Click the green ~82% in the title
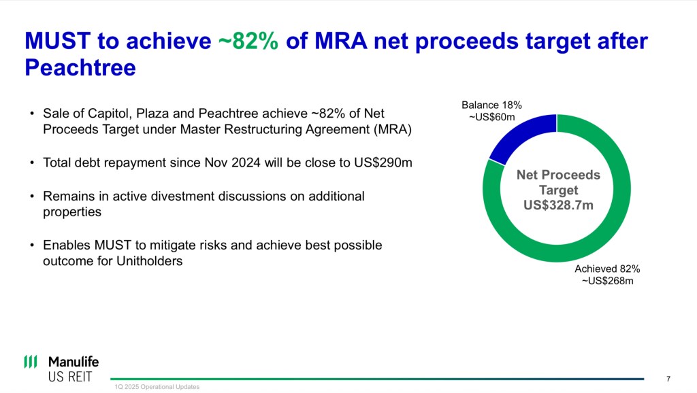coord(248,41)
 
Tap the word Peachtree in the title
coord(80,68)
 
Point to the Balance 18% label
coord(491,105)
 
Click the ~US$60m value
coord(491,117)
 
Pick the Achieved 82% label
coord(607,269)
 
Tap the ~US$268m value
coord(607,281)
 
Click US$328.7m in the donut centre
coord(558,205)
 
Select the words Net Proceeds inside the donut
coord(558,175)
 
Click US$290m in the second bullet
coord(383,163)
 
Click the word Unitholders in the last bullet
coord(149,261)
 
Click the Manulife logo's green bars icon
coord(31,362)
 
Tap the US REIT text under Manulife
coord(70,377)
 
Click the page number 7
coord(668,379)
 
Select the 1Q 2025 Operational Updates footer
coord(157,387)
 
